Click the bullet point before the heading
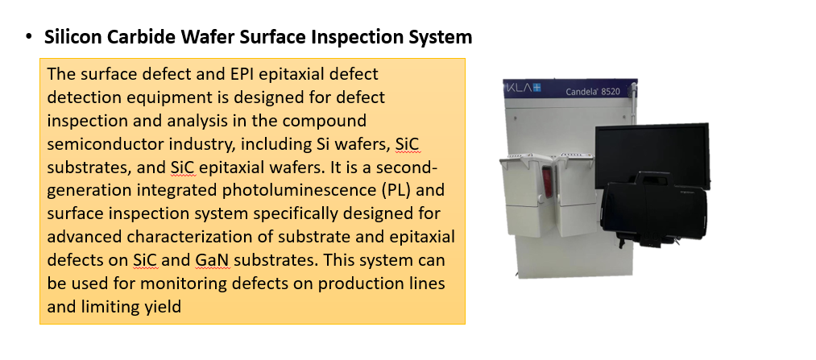(29, 37)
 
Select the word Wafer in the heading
(201, 37)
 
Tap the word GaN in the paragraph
(213, 259)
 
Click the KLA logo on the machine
(523, 87)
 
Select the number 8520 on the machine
(611, 92)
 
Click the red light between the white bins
(546, 179)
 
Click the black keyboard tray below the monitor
(653, 208)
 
